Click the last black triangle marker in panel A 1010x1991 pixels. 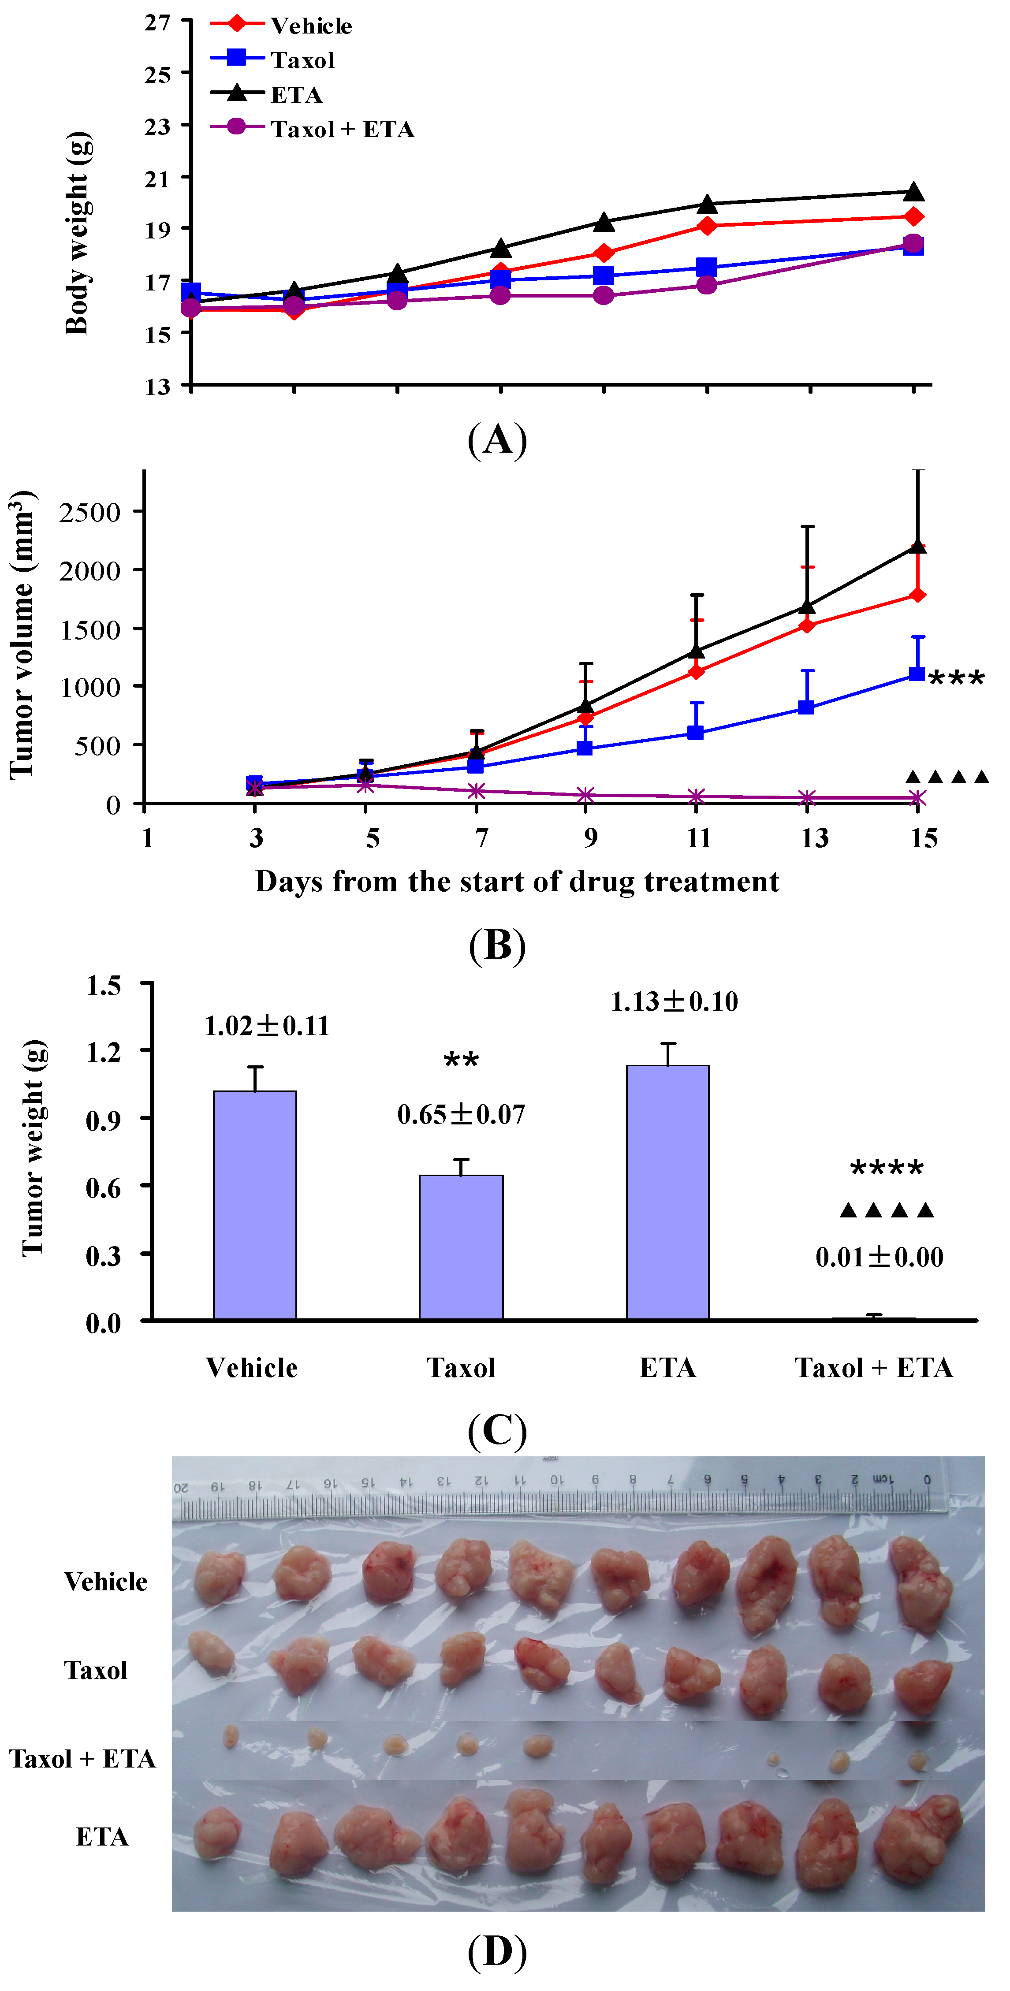[x=914, y=192]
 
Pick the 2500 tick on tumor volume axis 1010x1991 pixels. [x=90, y=512]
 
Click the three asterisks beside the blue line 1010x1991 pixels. [x=957, y=679]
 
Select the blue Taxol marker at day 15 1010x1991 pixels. [x=917, y=674]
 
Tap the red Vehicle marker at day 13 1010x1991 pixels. [x=807, y=625]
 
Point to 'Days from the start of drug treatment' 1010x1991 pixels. [x=517, y=881]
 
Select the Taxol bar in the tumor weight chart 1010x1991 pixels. [x=461, y=1247]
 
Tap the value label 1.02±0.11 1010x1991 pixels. [x=267, y=1026]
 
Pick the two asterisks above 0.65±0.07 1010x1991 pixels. [x=461, y=1061]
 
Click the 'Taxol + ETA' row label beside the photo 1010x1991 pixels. [x=83, y=1758]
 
